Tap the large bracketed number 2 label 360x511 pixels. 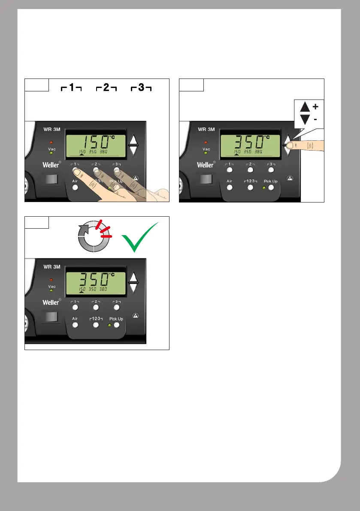point(106,89)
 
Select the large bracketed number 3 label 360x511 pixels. point(141,89)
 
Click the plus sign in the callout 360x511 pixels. point(315,106)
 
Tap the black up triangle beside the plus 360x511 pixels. point(304,106)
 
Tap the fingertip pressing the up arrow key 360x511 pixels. point(290,145)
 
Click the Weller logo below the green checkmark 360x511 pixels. point(51,302)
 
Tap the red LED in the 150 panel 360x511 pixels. point(51,142)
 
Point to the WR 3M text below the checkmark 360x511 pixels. point(51,267)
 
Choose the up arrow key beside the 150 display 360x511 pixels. point(134,139)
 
